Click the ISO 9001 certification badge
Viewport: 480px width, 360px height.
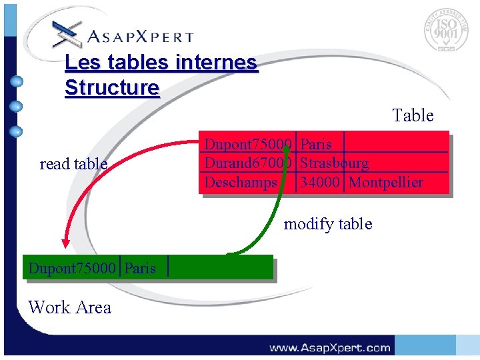click(446, 30)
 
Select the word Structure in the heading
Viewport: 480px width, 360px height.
click(112, 88)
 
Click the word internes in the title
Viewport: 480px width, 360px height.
click(216, 63)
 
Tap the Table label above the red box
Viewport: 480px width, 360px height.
click(413, 116)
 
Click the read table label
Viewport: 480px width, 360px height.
click(73, 164)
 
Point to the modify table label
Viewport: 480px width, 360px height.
click(328, 224)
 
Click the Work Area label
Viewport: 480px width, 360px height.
click(70, 307)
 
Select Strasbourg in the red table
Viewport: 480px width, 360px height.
click(335, 163)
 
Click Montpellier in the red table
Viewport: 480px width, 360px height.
click(385, 182)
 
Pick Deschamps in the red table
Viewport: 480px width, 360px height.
click(241, 182)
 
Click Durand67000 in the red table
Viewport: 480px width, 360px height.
click(248, 163)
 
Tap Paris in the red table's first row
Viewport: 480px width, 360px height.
click(316, 145)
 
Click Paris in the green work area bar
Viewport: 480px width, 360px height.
click(140, 269)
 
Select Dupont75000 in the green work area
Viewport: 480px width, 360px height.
click(72, 269)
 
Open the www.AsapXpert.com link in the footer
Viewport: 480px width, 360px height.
click(329, 347)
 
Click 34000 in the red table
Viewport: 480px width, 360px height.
click(320, 182)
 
